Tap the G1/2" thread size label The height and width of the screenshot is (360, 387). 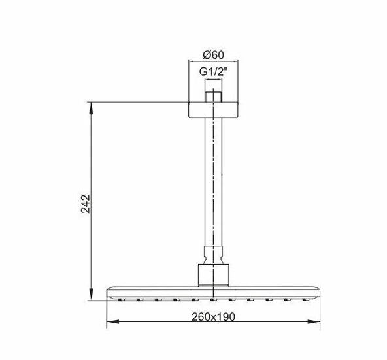(212, 72)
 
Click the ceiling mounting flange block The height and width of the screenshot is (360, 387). (212, 108)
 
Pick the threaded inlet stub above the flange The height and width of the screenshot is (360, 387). (212, 96)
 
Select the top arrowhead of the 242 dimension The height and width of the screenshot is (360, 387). (90, 106)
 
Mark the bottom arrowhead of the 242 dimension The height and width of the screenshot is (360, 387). (90, 299)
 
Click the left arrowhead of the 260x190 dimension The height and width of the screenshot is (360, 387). (110, 322)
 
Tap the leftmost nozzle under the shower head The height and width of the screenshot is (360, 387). (122, 300)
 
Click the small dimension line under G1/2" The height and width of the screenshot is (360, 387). (212, 81)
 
